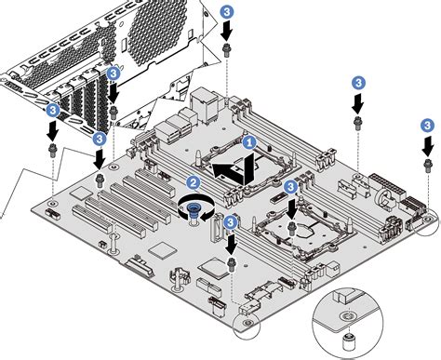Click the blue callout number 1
pyautogui.click(x=248, y=142)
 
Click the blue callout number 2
pyautogui.click(x=194, y=183)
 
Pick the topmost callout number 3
pyautogui.click(x=228, y=11)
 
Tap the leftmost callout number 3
pyautogui.click(x=52, y=110)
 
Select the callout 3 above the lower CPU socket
pyautogui.click(x=291, y=187)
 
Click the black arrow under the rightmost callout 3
pyautogui.click(x=427, y=144)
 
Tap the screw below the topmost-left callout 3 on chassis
pyautogui.click(x=114, y=112)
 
